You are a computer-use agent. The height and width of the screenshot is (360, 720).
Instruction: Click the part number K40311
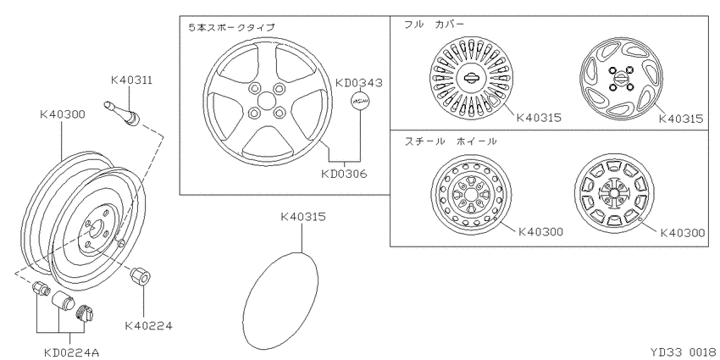(131, 80)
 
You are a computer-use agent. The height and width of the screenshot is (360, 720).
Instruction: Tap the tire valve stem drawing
(122, 114)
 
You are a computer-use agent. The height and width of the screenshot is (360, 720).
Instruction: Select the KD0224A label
(72, 352)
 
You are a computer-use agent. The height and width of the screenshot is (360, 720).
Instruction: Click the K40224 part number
(149, 326)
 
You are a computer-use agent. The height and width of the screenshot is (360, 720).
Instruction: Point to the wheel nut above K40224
(141, 276)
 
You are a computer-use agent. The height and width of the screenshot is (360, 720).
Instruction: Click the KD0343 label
(358, 83)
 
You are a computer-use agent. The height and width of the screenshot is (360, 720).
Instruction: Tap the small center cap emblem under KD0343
(359, 101)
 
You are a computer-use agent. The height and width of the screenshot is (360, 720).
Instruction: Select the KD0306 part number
(344, 174)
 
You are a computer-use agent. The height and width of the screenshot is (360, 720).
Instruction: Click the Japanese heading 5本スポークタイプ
(231, 28)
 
